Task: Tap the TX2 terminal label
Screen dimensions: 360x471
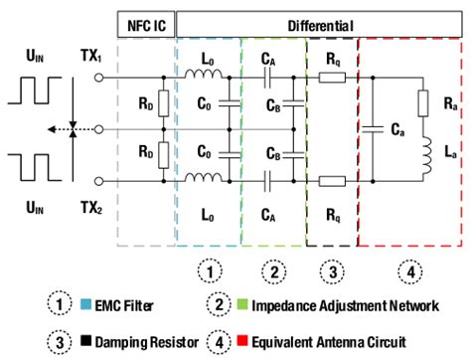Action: click(x=92, y=215)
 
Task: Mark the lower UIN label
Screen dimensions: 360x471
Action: click(x=33, y=215)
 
